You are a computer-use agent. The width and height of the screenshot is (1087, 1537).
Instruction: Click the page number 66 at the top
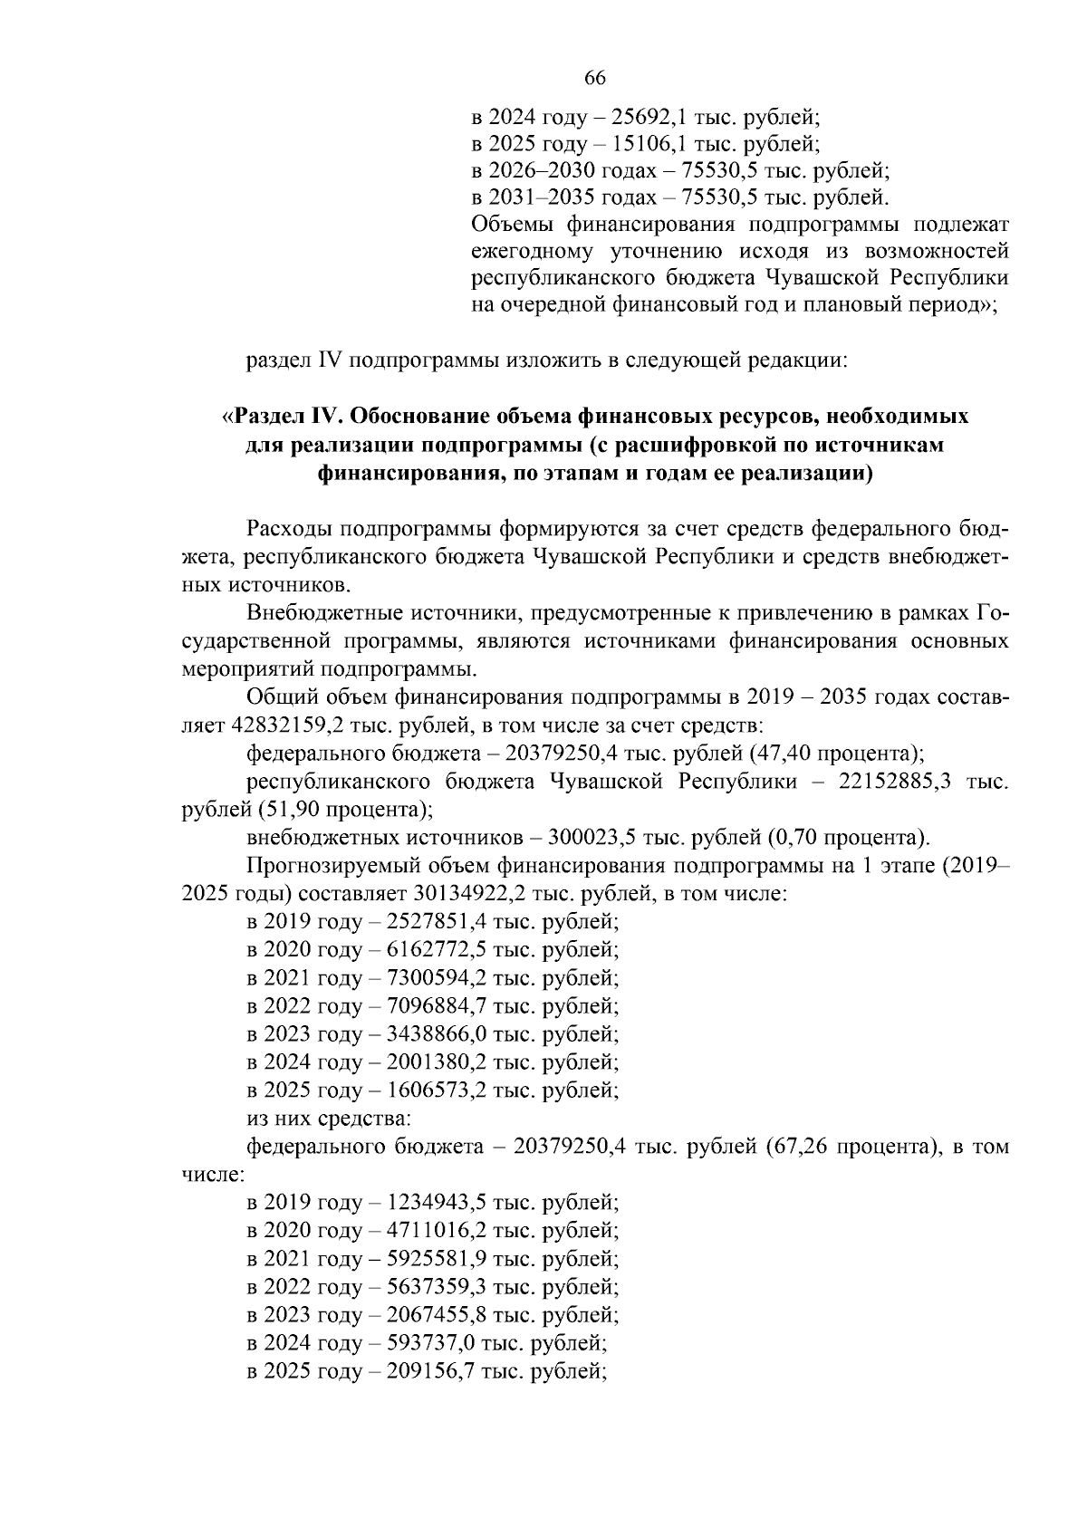594,78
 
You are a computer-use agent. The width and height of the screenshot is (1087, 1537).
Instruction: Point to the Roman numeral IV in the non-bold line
327,360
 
